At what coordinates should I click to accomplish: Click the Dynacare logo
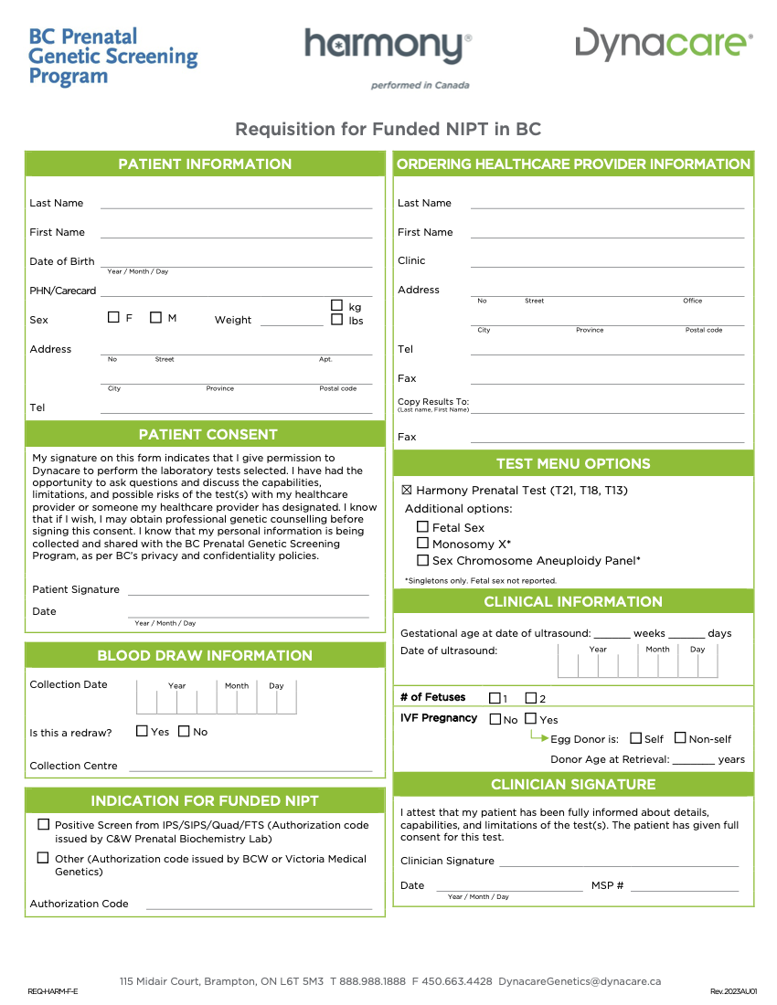pyautogui.click(x=664, y=44)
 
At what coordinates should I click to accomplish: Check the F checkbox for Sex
pyautogui.click(x=113, y=318)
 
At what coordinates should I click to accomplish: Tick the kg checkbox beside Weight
pyautogui.click(x=336, y=306)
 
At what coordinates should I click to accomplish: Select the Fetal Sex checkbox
pyautogui.click(x=422, y=527)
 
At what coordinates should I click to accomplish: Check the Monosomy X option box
pyautogui.click(x=422, y=544)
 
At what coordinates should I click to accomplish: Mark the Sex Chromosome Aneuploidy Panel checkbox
pyautogui.click(x=422, y=560)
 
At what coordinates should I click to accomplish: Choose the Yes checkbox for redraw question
pyautogui.click(x=142, y=731)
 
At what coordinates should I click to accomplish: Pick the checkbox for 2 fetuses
pyautogui.click(x=531, y=698)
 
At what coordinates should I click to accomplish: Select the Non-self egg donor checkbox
pyautogui.click(x=680, y=738)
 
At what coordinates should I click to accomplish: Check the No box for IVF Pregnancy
pyautogui.click(x=495, y=719)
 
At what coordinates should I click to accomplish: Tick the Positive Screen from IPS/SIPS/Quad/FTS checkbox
pyautogui.click(x=43, y=824)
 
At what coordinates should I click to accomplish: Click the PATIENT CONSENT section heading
pyautogui.click(x=208, y=434)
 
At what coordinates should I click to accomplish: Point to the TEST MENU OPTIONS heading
pyautogui.click(x=573, y=463)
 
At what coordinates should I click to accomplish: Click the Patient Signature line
pyautogui.click(x=248, y=594)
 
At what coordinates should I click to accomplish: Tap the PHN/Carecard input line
pyautogui.click(x=236, y=295)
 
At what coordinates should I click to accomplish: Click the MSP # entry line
pyautogui.click(x=684, y=890)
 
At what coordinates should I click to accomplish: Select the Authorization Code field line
pyautogui.click(x=259, y=908)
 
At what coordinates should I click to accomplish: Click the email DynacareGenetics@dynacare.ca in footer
pyautogui.click(x=580, y=981)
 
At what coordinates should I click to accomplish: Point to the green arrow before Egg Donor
pyautogui.click(x=539, y=735)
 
